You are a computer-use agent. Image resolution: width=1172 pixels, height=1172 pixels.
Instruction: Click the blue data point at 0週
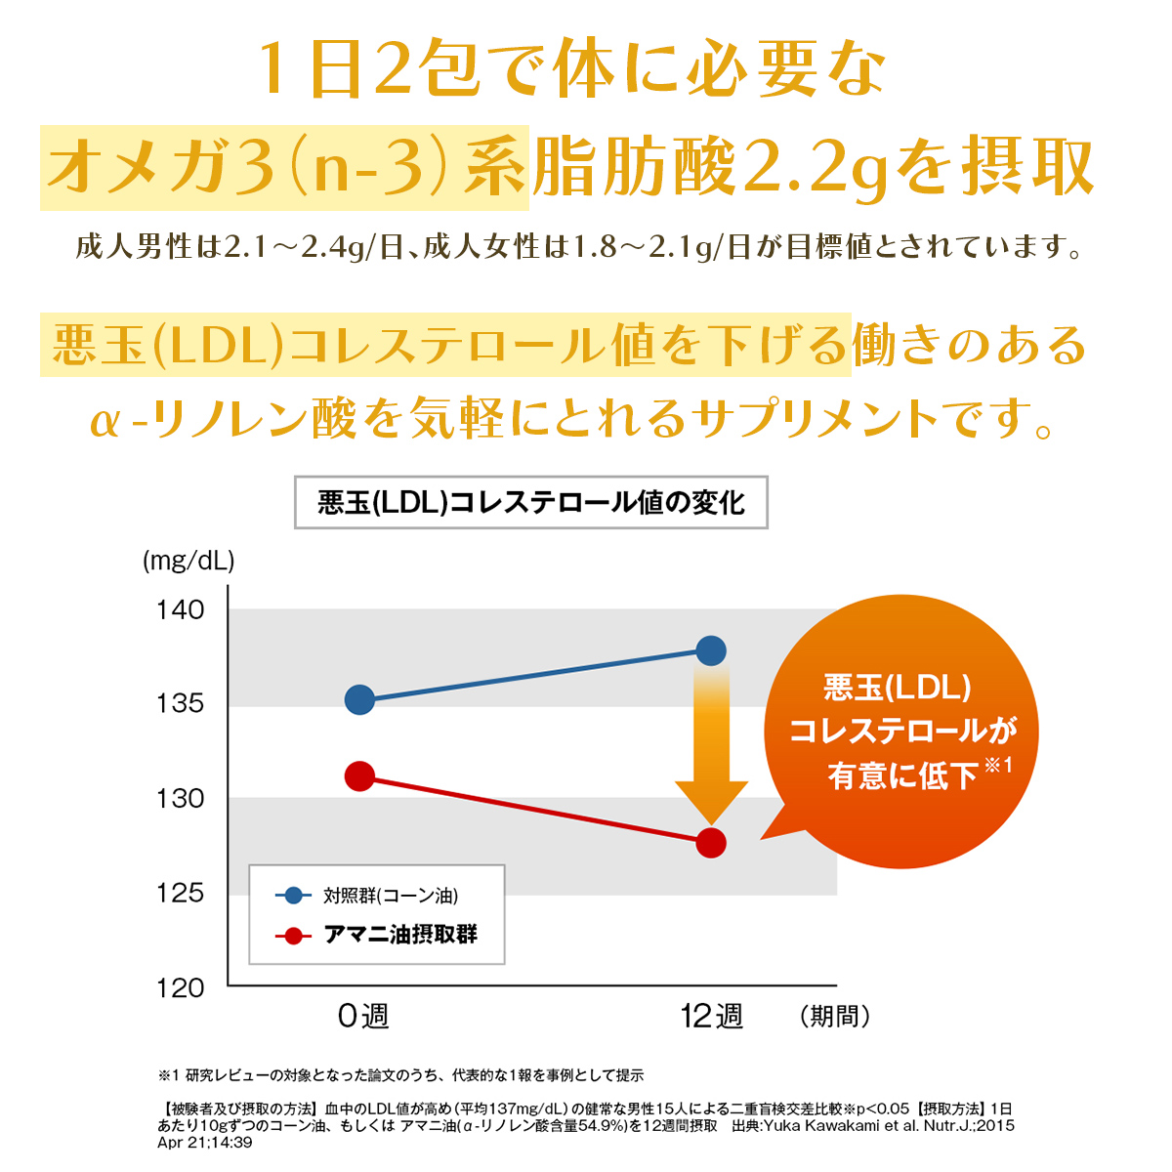coord(360,699)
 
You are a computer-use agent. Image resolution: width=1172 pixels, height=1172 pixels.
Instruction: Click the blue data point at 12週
coord(711,650)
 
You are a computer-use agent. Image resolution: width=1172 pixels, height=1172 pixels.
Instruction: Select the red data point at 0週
coord(360,776)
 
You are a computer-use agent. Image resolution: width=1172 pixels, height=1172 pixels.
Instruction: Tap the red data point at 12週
coord(711,843)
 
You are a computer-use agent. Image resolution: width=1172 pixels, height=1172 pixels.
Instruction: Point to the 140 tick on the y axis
coord(181,610)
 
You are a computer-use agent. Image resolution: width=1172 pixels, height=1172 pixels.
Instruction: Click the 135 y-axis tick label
coord(181,704)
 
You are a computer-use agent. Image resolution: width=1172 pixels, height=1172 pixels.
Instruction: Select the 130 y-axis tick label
coord(181,799)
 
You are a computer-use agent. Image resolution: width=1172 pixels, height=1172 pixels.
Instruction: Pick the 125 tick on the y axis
coord(181,893)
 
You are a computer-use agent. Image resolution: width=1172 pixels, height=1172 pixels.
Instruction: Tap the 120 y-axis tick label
coord(181,988)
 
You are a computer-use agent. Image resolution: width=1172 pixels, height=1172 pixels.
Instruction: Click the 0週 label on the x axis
coord(362,1017)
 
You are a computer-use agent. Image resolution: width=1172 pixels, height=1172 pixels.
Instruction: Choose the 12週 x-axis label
coord(711,1017)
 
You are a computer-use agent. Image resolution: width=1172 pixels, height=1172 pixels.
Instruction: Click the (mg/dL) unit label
coord(188,562)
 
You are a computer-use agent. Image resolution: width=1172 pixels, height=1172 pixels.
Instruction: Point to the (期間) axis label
coord(834,1017)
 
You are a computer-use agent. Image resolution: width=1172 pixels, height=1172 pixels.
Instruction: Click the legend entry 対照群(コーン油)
coord(390,896)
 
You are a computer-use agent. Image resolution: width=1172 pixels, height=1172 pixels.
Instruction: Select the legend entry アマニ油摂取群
coord(400,935)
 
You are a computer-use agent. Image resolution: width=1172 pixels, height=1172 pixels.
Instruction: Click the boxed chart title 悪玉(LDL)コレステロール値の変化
coord(531,503)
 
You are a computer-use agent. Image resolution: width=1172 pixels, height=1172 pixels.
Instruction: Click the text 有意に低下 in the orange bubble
coord(902,775)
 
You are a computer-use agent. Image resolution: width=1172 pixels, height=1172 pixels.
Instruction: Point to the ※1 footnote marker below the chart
coord(169,1075)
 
